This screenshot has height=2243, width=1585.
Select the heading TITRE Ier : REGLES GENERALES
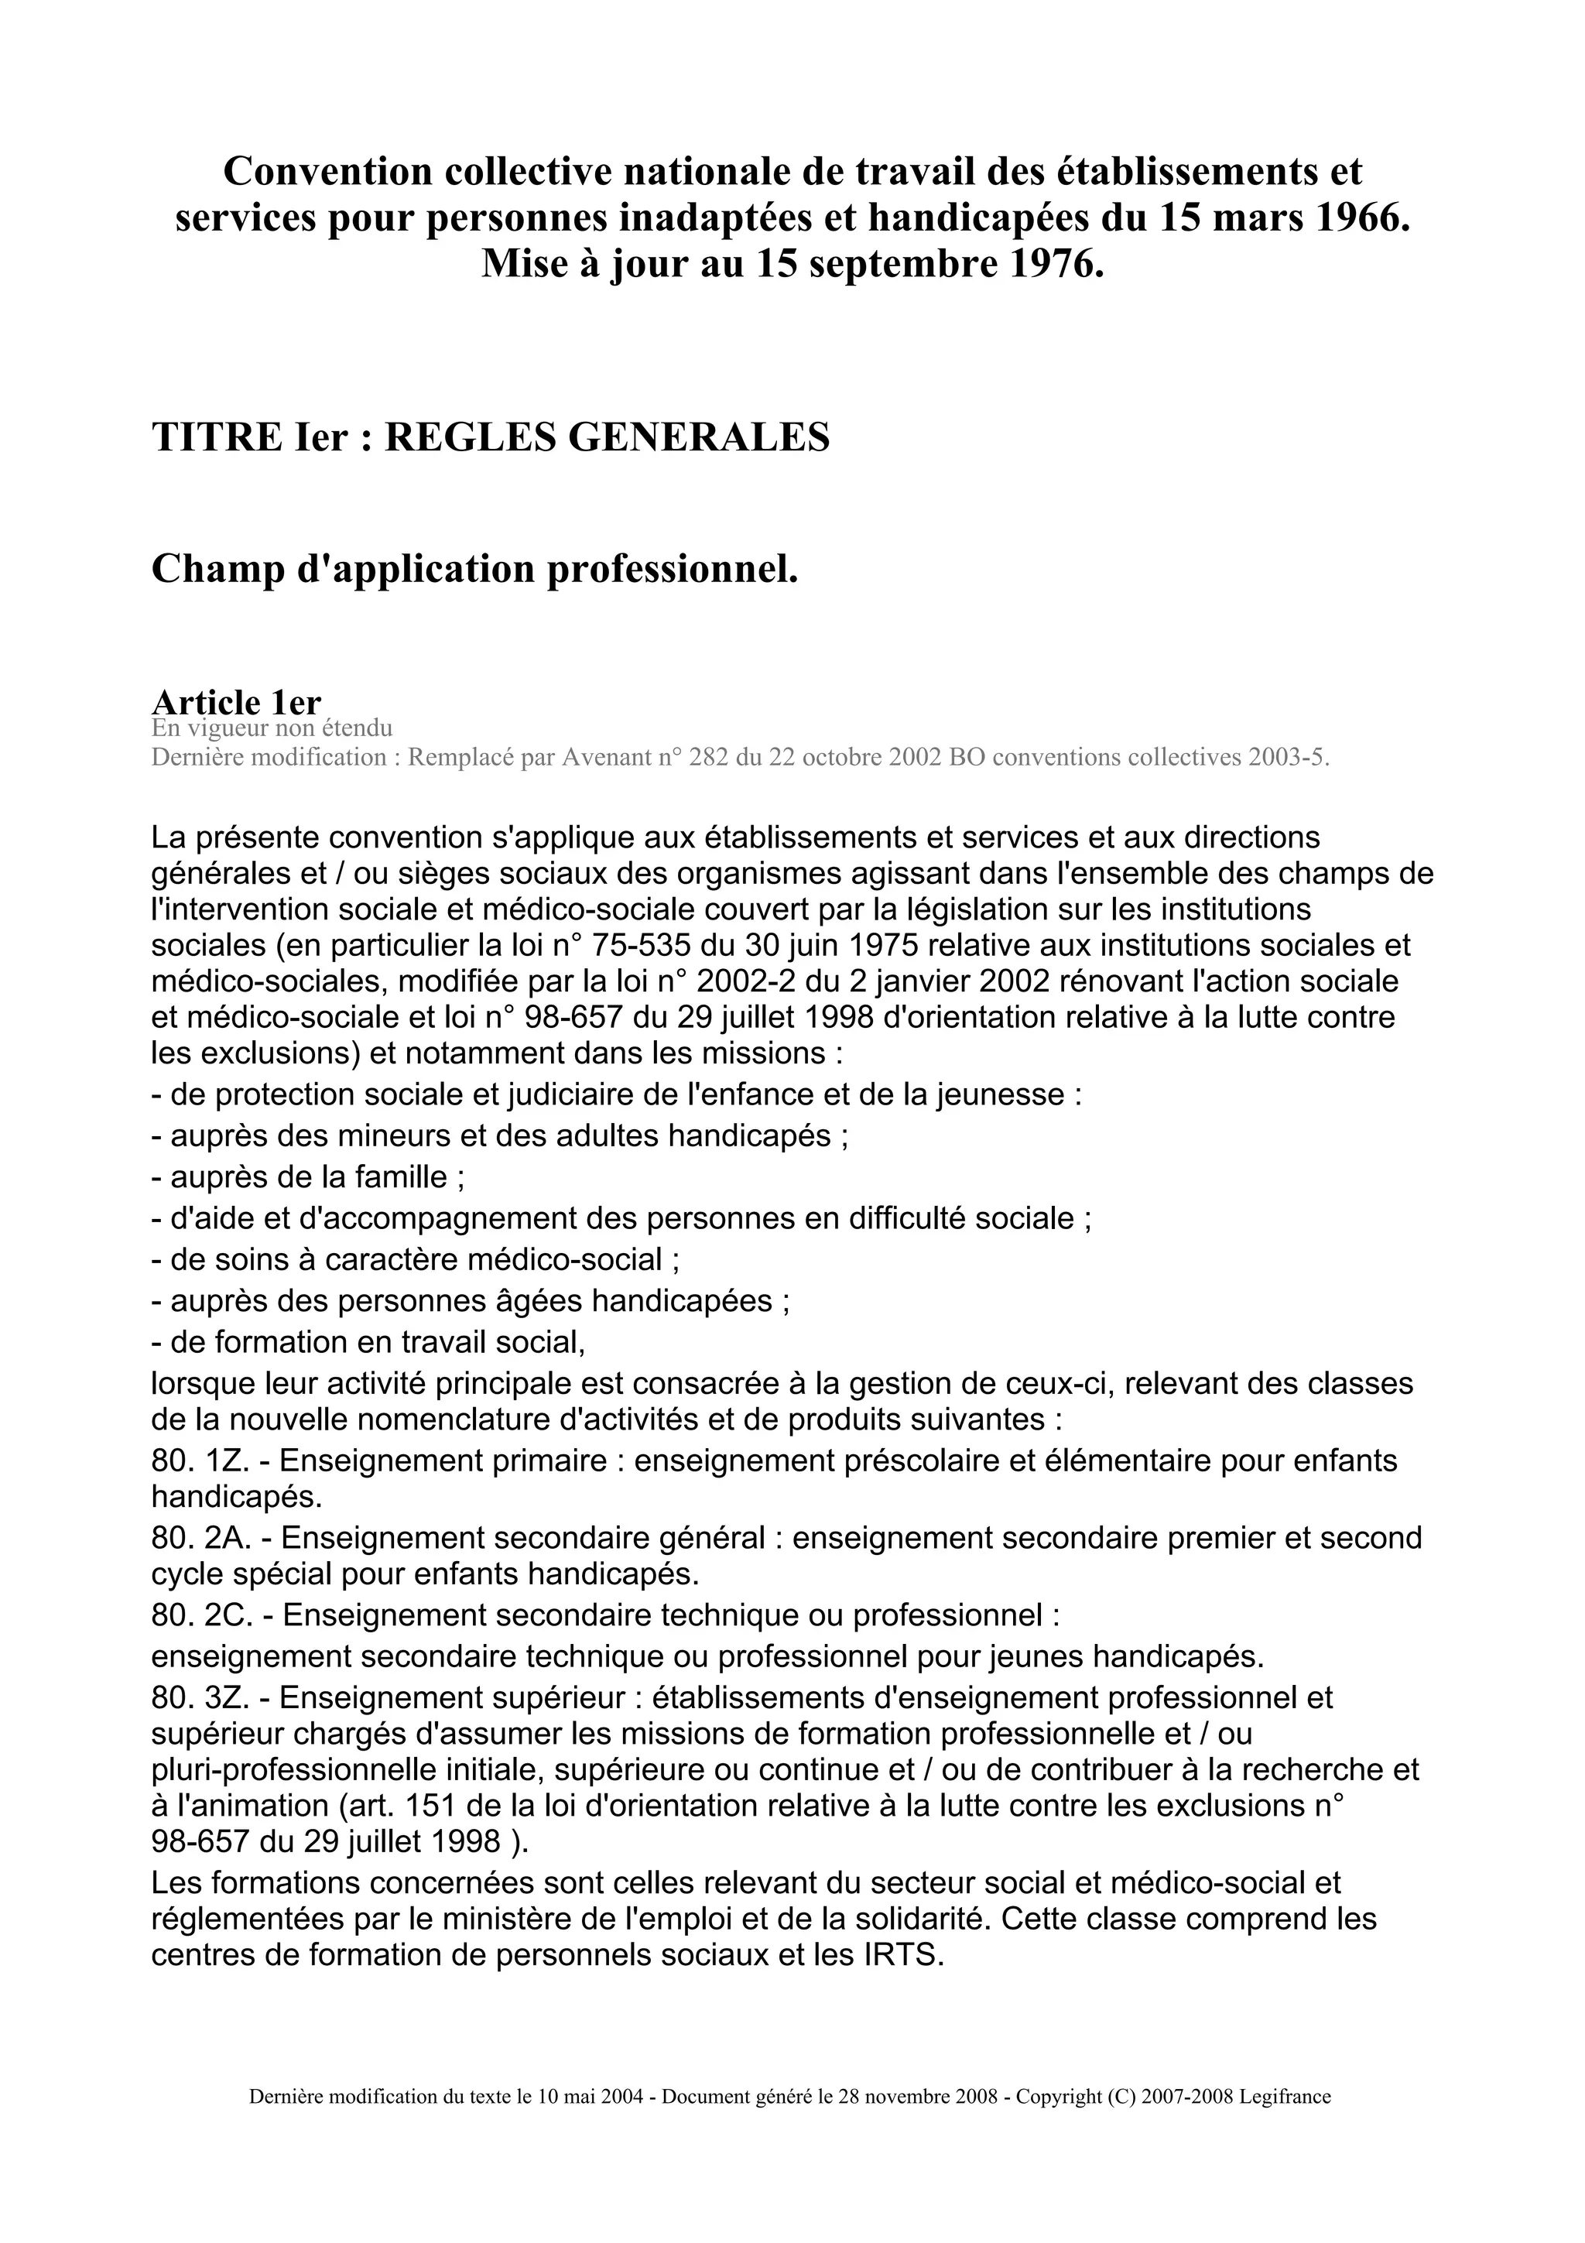(490, 437)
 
